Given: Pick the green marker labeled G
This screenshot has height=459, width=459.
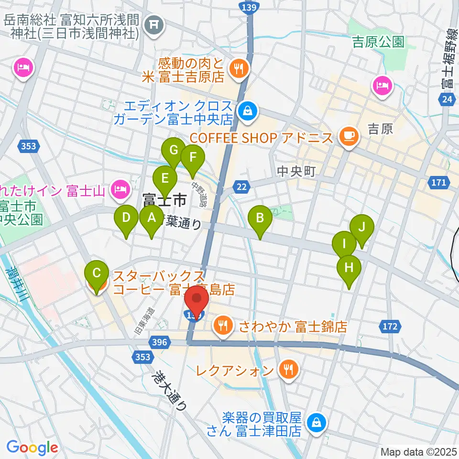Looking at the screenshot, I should pyautogui.click(x=173, y=152).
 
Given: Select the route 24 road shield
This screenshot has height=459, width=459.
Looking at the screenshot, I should pyautogui.click(x=447, y=99).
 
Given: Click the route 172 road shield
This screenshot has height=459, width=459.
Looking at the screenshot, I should pyautogui.click(x=390, y=327).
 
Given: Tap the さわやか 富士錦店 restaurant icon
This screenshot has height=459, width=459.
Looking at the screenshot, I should pyautogui.click(x=223, y=326).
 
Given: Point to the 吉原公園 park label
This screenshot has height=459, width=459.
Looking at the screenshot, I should pyautogui.click(x=378, y=42).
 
